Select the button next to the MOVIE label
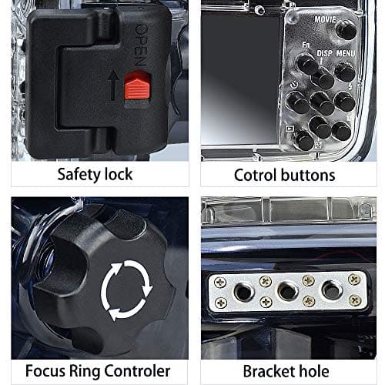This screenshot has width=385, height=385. coord(346,29)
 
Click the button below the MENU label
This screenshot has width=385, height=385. coord(345,72)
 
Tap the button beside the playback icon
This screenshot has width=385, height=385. coord(305,140)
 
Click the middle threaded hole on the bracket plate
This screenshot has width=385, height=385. coord(287,291)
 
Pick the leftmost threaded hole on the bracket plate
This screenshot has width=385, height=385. coord(243,291)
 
